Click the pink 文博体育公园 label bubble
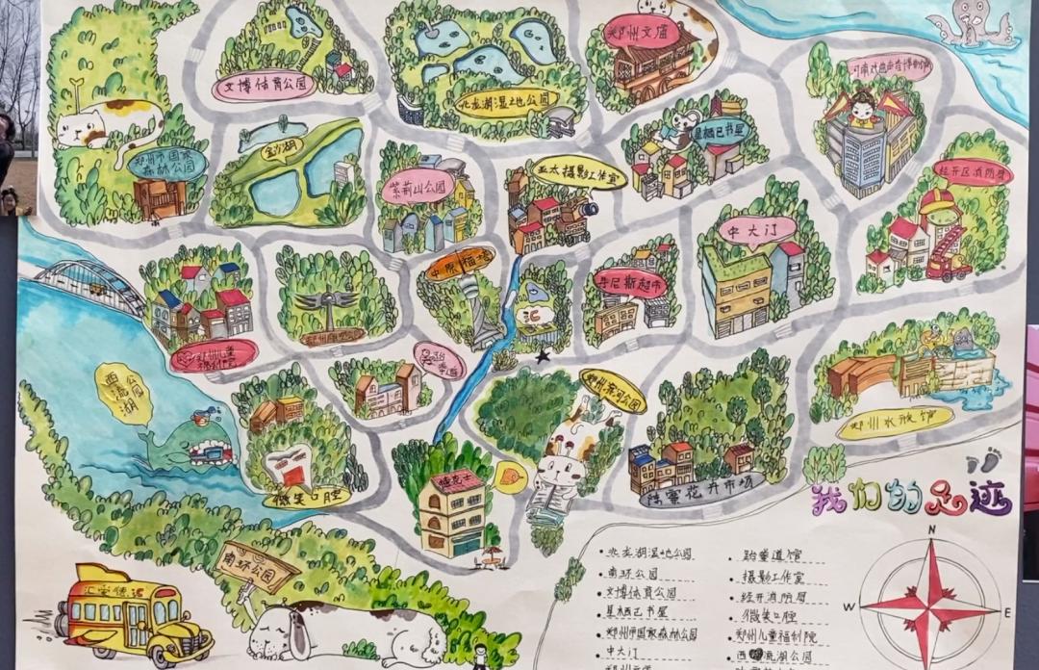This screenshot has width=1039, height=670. coord(264,84)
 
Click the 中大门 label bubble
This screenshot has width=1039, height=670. coord(760,231)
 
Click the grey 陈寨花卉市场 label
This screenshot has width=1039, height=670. coord(701,487)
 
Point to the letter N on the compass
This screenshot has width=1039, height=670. coord(930,530)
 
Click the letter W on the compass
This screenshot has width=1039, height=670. coord(850,607)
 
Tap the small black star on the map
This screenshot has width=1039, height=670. coord(543,356)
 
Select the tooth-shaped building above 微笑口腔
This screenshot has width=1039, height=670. coord(289,469)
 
